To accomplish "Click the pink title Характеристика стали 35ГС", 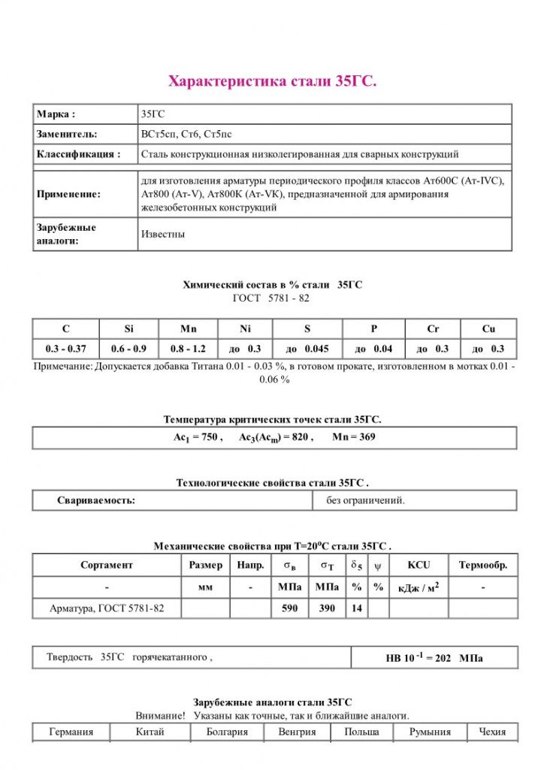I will click(272, 81).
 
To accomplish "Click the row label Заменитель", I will click(67, 134).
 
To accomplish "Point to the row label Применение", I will click(68, 194).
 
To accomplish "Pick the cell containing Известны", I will click(163, 234).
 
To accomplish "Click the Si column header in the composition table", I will click(128, 329).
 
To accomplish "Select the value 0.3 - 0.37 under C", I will click(66, 349).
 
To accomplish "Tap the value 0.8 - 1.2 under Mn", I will click(188, 349).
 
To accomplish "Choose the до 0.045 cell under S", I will click(308, 349).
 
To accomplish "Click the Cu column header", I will click(488, 329).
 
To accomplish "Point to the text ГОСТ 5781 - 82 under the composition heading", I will click(271, 298).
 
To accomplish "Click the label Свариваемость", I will click(96, 500).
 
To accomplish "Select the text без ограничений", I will click(365, 500).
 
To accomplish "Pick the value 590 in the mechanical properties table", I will click(290, 608).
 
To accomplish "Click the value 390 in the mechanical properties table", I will click(327, 608).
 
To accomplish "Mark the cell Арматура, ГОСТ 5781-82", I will click(107, 608).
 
